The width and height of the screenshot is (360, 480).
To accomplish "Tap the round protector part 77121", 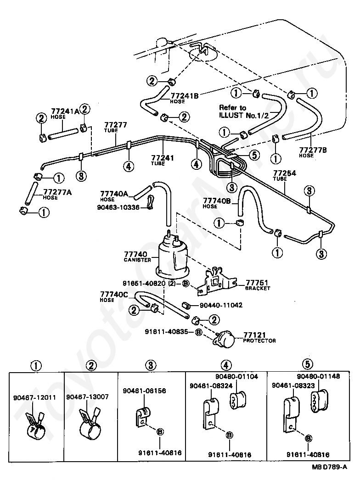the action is click(225, 339).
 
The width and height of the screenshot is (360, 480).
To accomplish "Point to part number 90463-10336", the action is click(118, 207).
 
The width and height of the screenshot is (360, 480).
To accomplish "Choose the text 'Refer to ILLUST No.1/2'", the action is click(244, 112).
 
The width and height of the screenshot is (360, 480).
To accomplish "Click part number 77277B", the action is click(313, 150).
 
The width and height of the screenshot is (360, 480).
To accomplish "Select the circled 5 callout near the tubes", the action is click(254, 155).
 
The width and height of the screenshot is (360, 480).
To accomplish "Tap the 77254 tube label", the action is click(285, 173).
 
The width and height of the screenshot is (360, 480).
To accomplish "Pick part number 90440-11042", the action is click(221, 305).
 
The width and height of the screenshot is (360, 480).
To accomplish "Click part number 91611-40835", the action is click(166, 331).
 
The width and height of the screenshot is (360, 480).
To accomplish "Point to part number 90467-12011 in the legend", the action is click(34, 398).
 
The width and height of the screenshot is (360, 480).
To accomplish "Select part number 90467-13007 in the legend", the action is click(87, 397).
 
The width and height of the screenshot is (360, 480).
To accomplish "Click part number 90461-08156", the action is click(144, 391).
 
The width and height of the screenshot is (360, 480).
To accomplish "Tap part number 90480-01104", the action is click(236, 377).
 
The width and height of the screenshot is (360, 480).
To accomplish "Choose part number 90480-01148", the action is click(318, 376).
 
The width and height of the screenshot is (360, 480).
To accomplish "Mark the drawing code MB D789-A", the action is click(329, 467).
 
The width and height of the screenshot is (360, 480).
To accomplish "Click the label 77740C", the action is click(114, 295).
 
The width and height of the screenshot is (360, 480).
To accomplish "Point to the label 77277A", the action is click(57, 192).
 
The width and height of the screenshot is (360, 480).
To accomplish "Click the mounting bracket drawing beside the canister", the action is click(216, 282).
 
